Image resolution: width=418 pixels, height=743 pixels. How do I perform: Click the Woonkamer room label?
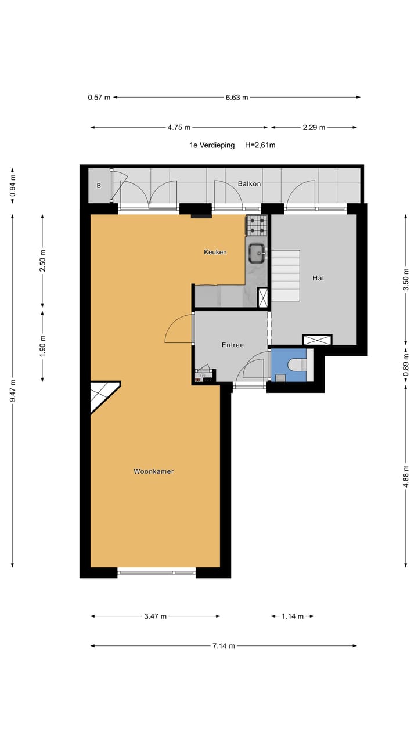click(153, 471)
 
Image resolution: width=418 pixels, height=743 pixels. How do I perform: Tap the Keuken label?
click(215, 252)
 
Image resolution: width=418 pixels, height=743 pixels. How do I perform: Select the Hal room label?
click(318, 278)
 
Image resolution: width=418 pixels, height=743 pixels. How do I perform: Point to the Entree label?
click(232, 345)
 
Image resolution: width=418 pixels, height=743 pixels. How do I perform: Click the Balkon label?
click(249, 183)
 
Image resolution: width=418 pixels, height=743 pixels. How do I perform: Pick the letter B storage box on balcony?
click(99, 186)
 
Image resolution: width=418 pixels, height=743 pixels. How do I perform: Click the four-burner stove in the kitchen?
click(257, 225)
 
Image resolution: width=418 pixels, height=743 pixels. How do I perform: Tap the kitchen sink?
click(257, 251)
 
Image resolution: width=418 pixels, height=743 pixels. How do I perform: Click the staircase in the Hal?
click(286, 275)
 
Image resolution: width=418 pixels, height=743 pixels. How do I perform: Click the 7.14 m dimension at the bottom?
click(224, 645)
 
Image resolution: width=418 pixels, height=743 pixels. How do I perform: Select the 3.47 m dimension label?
click(156, 616)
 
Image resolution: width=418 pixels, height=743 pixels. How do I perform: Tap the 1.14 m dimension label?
click(293, 616)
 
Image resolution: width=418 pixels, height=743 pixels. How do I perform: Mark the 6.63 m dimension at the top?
click(237, 98)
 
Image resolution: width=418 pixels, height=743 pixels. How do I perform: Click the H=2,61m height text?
click(260, 145)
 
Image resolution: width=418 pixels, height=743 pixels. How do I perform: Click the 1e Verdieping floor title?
click(212, 145)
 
